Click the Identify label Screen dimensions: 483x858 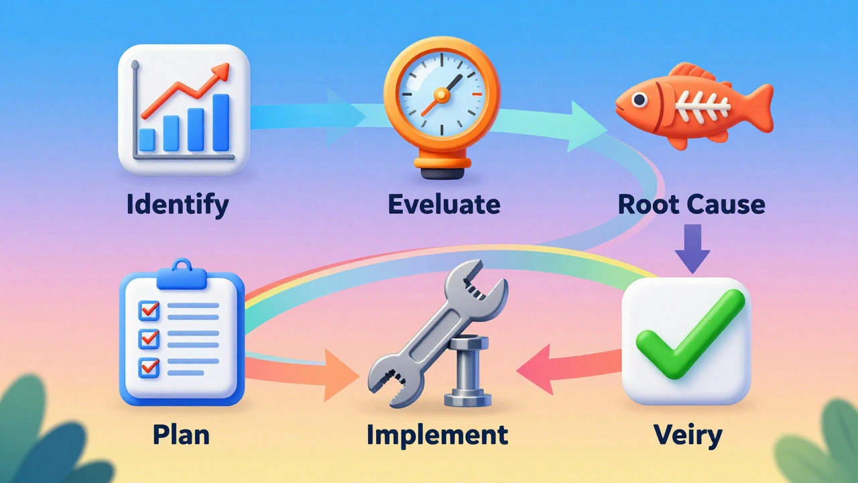pos(177,203)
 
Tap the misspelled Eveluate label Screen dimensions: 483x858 pos(444,203)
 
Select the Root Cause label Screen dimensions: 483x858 pos(691,203)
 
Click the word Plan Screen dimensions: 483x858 pos(181,435)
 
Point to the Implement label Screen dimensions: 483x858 pos(437,435)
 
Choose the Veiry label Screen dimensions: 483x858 pos(688,435)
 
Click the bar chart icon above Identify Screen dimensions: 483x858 pos(184,110)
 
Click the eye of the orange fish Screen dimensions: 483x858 pos(639,100)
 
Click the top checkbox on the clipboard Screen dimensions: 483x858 pos(148,310)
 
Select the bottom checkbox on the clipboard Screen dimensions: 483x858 pos(148,366)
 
